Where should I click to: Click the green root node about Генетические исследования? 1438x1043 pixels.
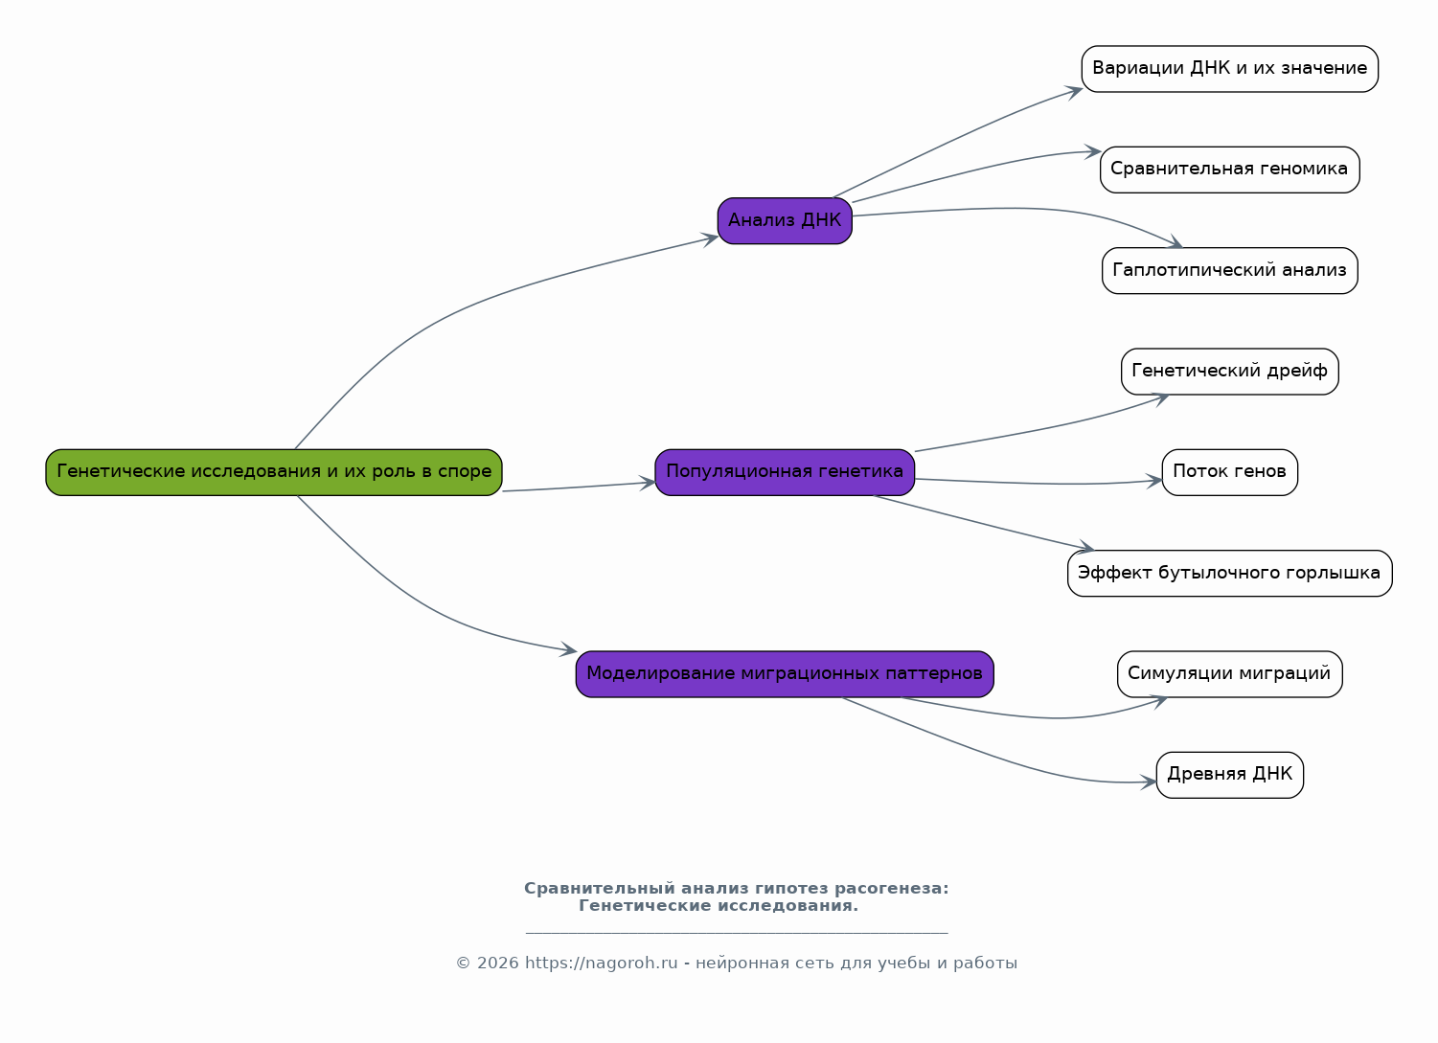(273, 472)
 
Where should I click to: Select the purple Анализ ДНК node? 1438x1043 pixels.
(785, 221)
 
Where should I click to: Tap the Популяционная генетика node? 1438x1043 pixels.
(785, 472)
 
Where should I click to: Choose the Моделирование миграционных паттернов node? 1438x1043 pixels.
(785, 674)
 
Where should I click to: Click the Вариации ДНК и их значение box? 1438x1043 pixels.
(1229, 69)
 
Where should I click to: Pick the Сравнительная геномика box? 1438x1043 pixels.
(1229, 170)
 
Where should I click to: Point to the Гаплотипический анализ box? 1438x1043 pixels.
(1229, 270)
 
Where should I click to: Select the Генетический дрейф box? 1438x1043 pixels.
(1229, 372)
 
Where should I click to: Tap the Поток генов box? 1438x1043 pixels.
(1229, 472)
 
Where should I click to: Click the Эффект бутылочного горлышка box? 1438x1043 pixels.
(1229, 573)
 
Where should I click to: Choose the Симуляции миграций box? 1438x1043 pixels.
(1229, 674)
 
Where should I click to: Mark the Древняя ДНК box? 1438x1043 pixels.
(1229, 775)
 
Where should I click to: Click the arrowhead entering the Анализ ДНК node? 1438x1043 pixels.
(711, 239)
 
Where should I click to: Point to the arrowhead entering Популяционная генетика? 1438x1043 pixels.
(648, 483)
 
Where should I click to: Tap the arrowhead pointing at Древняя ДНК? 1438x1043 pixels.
(1149, 782)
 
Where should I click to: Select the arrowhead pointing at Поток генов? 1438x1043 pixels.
(1154, 481)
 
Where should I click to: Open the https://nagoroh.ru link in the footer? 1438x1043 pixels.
(601, 963)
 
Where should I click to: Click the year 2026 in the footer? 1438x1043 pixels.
(497, 963)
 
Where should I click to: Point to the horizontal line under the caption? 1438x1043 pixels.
(737, 933)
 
